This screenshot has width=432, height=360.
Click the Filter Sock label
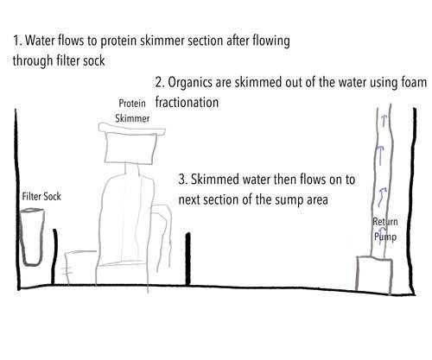(41, 197)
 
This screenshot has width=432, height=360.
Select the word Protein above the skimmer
(132, 103)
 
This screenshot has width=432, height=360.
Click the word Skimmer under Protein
(132, 118)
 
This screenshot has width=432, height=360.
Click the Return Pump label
(385, 230)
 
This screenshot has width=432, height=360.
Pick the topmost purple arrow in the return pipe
(384, 121)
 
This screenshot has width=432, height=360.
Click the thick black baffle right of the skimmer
(188, 259)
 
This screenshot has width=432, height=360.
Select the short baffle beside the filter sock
(54, 256)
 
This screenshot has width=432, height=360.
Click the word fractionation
(187, 102)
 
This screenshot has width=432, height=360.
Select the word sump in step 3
(289, 200)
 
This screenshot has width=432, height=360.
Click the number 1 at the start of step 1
(16, 41)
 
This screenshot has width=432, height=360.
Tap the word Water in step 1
(40, 41)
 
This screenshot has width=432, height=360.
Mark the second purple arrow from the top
(381, 155)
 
